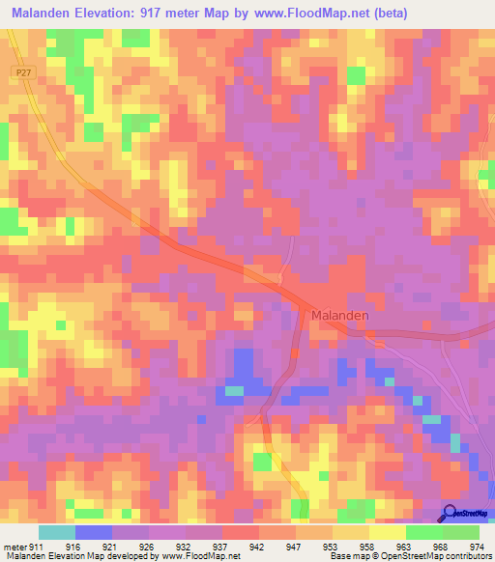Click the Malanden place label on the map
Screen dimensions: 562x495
[339, 316]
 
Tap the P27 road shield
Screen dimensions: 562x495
[24, 72]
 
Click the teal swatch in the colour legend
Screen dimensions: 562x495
[57, 532]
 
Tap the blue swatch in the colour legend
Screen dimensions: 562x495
[94, 532]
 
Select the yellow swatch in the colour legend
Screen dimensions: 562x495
[388, 532]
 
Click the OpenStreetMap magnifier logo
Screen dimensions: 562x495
[449, 514]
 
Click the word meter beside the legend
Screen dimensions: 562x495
[15, 547]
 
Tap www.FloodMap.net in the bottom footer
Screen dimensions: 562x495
[198, 556]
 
